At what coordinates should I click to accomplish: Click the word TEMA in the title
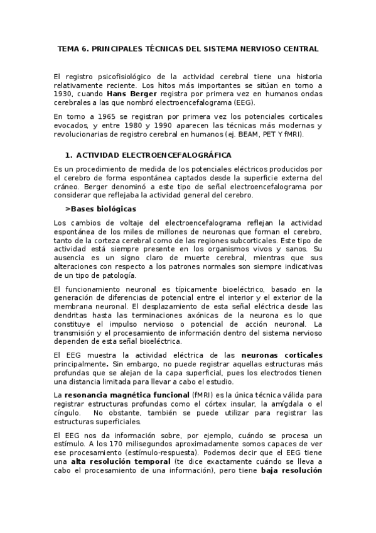68,48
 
